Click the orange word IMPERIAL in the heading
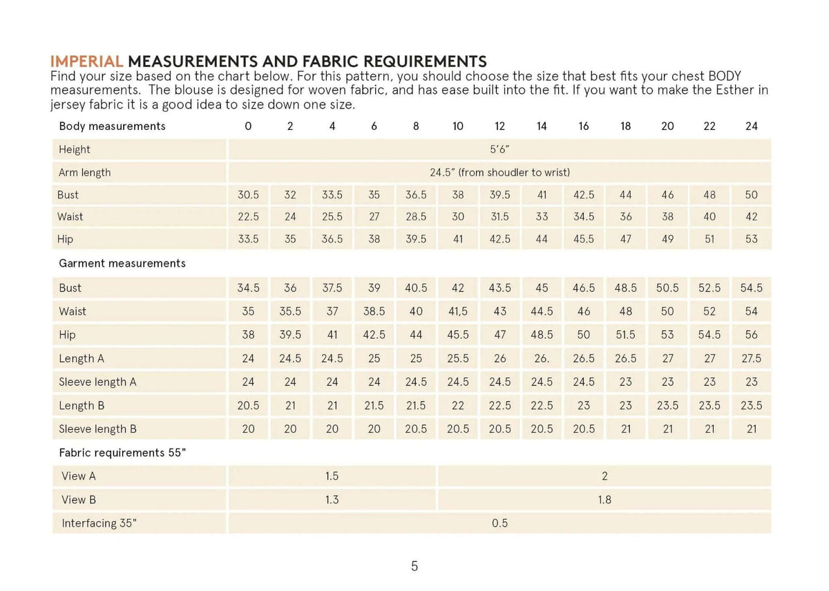coord(88,62)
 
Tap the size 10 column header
coord(457,126)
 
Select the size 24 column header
coord(752,126)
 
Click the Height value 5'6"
coord(499,149)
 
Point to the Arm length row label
coord(84,172)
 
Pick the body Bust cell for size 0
coord(248,195)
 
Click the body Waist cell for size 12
coord(499,216)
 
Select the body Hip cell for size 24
coord(752,239)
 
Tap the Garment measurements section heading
coord(122,263)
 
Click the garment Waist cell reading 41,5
coord(457,311)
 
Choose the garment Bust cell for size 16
coord(584,288)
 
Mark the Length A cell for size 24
coord(752,359)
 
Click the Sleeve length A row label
coord(97,382)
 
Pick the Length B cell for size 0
coord(248,406)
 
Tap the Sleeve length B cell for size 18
coord(625,429)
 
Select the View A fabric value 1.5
coord(332,476)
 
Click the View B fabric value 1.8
coord(604,500)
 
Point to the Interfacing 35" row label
coord(99,523)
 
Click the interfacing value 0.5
coord(499,523)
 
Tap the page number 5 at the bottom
coord(414,567)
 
